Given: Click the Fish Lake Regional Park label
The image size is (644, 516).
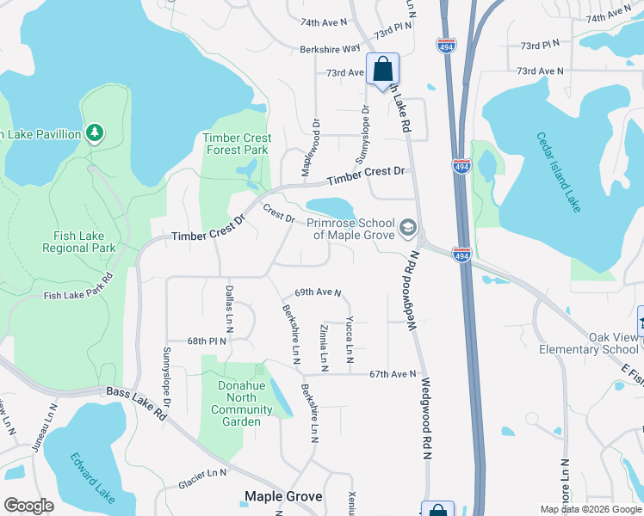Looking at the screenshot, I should (x=78, y=241).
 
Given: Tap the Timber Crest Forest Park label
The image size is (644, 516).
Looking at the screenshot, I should (x=237, y=144).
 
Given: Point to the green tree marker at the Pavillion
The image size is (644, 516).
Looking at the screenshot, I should (x=95, y=133).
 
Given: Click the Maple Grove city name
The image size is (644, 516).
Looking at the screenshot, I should (x=283, y=496).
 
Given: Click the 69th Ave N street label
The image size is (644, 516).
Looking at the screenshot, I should (x=318, y=292).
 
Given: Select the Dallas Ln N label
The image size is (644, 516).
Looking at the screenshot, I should (x=230, y=309).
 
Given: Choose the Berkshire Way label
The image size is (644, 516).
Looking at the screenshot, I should (x=330, y=50).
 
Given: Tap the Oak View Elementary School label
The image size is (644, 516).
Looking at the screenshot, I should (x=589, y=343).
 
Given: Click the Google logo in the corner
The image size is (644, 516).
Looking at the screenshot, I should (x=29, y=506).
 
